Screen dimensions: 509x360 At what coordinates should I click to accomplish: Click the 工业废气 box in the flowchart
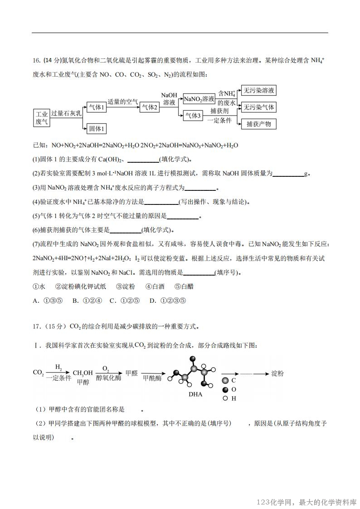[x=42, y=118]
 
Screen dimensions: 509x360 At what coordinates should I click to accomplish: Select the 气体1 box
[x=97, y=107]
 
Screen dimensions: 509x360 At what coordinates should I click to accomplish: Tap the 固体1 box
[x=97, y=129]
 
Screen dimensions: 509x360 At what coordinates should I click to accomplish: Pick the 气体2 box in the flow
[x=149, y=107]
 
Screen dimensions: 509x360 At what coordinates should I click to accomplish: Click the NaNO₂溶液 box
[x=199, y=99]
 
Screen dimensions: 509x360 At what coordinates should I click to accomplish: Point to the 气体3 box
[x=193, y=116]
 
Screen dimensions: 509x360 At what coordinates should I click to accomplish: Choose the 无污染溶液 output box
[x=258, y=90]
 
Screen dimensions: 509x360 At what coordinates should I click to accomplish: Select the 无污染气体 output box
[x=258, y=107]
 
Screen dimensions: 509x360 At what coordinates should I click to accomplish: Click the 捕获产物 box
[x=258, y=124]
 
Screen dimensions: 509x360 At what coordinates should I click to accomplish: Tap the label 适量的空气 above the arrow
[x=122, y=102]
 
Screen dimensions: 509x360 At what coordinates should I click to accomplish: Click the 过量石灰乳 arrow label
[x=66, y=114]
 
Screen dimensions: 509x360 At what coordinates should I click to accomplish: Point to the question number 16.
[x=36, y=61]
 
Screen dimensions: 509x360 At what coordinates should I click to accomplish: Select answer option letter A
[x=36, y=300]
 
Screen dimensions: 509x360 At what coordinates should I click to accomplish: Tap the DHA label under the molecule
[x=195, y=394]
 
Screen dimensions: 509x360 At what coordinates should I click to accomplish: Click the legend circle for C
[x=225, y=381]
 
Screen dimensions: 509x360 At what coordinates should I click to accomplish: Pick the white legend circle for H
[x=225, y=398]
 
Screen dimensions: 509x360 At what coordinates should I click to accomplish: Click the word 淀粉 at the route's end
[x=277, y=373]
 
